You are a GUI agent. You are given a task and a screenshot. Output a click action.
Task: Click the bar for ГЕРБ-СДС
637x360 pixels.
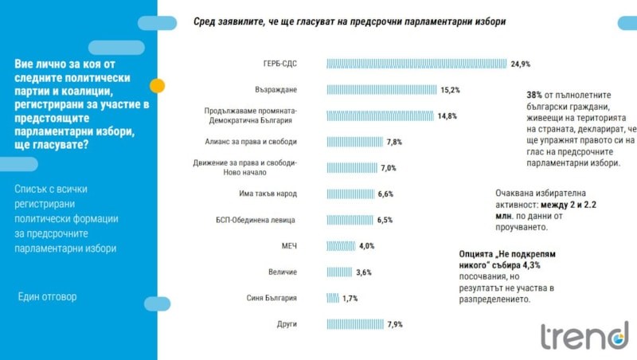click(x=416, y=64)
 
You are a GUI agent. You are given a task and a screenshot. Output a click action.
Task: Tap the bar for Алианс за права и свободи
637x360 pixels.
click(x=354, y=142)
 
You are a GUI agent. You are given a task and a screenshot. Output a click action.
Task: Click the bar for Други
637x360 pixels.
click(x=355, y=324)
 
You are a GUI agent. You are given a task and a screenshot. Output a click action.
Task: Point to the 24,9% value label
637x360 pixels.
click(x=521, y=64)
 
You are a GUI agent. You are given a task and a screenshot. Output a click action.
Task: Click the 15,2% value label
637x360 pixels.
click(x=450, y=90)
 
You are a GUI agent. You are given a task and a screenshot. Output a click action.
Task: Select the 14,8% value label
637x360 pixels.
click(x=447, y=115)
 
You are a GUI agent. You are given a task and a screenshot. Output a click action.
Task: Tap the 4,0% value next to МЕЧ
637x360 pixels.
click(x=366, y=246)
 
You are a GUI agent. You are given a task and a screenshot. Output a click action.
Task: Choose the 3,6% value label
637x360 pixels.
click(x=364, y=272)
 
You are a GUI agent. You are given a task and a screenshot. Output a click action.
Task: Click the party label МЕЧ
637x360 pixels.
click(x=288, y=246)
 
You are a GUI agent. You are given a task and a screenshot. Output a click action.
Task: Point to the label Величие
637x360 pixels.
click(x=282, y=272)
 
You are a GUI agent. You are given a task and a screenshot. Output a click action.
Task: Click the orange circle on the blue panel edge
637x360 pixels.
click(x=158, y=85)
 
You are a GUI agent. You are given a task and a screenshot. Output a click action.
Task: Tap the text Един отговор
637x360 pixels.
click(x=48, y=297)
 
